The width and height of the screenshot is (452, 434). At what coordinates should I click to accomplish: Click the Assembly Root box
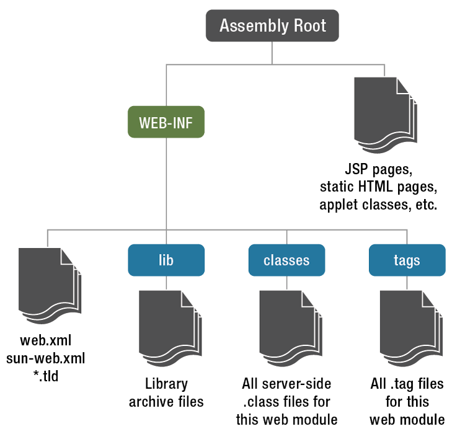click(272, 26)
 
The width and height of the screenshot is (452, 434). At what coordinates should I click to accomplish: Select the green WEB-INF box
click(166, 122)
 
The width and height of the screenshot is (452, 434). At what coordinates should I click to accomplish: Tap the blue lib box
click(166, 260)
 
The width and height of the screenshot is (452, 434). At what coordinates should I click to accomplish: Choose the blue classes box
click(286, 260)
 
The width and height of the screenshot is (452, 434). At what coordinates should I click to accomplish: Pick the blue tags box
click(407, 260)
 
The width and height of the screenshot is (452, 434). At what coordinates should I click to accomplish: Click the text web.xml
click(46, 340)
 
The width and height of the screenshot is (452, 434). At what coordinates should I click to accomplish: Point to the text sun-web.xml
click(46, 358)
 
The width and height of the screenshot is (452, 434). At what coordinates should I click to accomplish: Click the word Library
click(166, 384)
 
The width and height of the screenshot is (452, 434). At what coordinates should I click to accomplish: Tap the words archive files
click(166, 402)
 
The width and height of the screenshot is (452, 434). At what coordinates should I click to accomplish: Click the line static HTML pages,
click(379, 187)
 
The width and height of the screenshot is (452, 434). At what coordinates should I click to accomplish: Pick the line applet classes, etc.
click(379, 204)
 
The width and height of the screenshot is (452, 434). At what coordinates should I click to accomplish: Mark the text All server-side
click(286, 384)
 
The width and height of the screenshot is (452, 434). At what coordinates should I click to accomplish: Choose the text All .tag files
click(407, 384)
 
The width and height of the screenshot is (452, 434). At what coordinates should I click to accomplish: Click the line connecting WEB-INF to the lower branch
click(166, 186)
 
